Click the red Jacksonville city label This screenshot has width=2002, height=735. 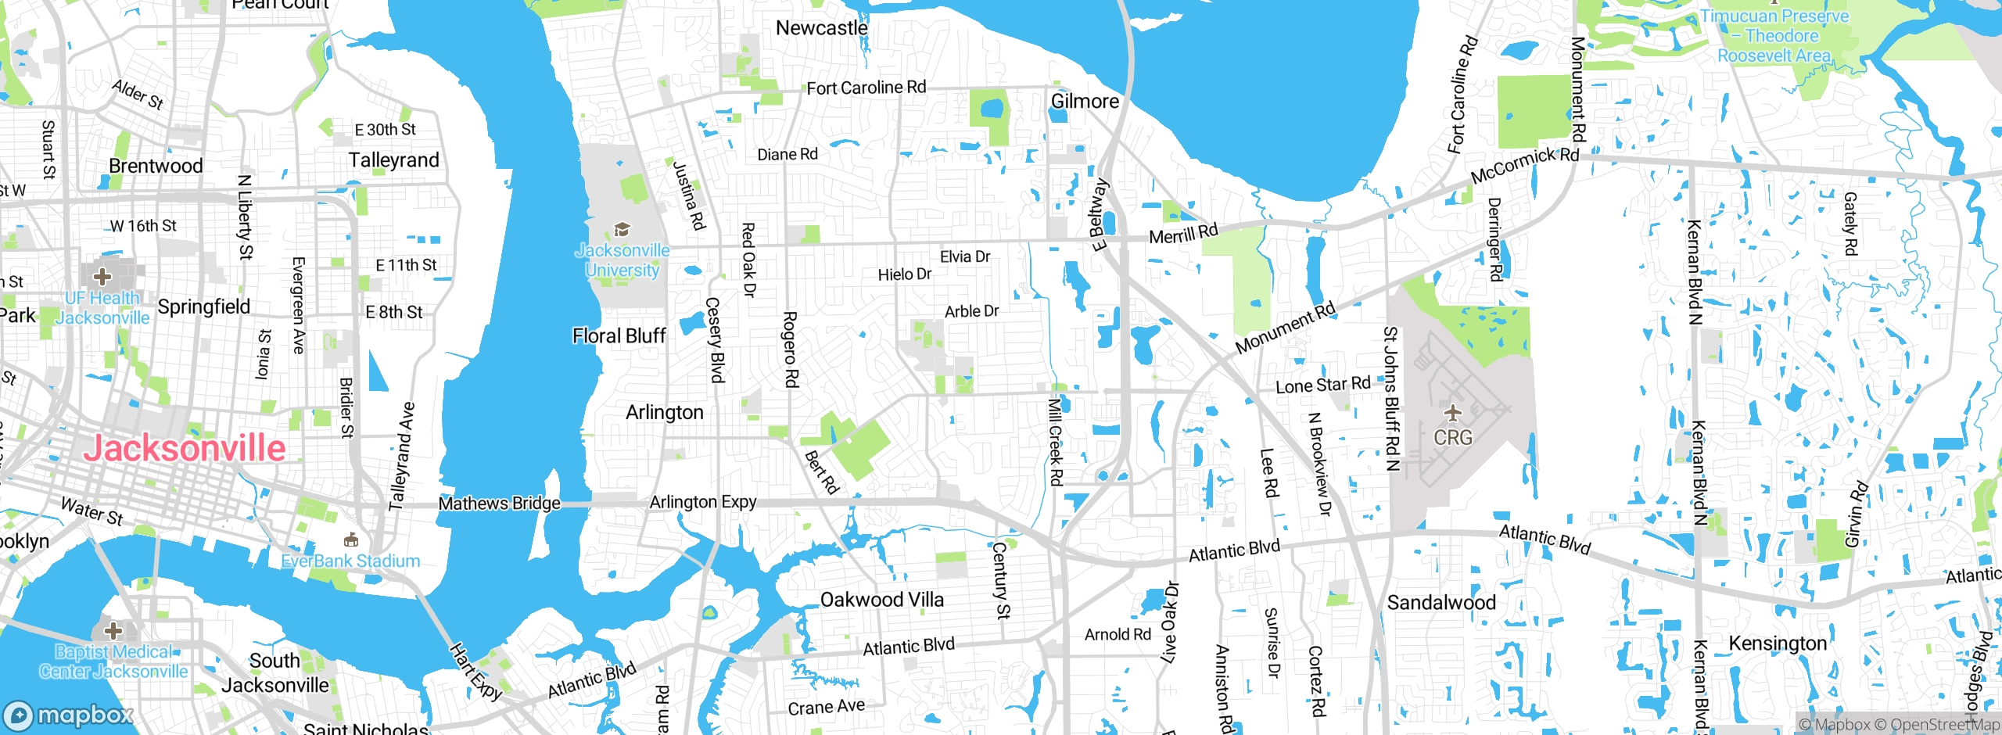pyautogui.click(x=185, y=448)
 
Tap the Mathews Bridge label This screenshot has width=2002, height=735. pyautogui.click(x=499, y=504)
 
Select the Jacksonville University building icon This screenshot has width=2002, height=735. pyautogui.click(x=622, y=229)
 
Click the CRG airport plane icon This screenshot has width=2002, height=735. pyautogui.click(x=1452, y=412)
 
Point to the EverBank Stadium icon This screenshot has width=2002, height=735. pyautogui.click(x=351, y=540)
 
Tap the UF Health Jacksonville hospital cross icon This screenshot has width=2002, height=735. pyautogui.click(x=102, y=276)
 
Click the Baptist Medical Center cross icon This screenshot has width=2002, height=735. pyautogui.click(x=113, y=630)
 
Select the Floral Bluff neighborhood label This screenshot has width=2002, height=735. pyautogui.click(x=619, y=336)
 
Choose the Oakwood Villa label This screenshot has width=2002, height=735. pyautogui.click(x=881, y=600)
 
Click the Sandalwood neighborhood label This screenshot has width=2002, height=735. pyautogui.click(x=1441, y=603)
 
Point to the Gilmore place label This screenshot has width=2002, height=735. pyautogui.click(x=1085, y=102)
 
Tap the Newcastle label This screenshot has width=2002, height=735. pyautogui.click(x=821, y=28)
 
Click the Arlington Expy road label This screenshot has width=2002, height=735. pyautogui.click(x=702, y=502)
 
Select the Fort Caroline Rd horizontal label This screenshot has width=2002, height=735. pyautogui.click(x=866, y=88)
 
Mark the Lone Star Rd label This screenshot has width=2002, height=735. pyautogui.click(x=1322, y=385)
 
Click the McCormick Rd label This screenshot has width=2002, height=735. pyautogui.click(x=1524, y=165)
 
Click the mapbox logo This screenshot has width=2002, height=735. pyautogui.click(x=69, y=715)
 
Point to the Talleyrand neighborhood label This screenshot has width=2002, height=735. pyautogui.click(x=393, y=160)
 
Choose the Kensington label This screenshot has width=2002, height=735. pyautogui.click(x=1777, y=644)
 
